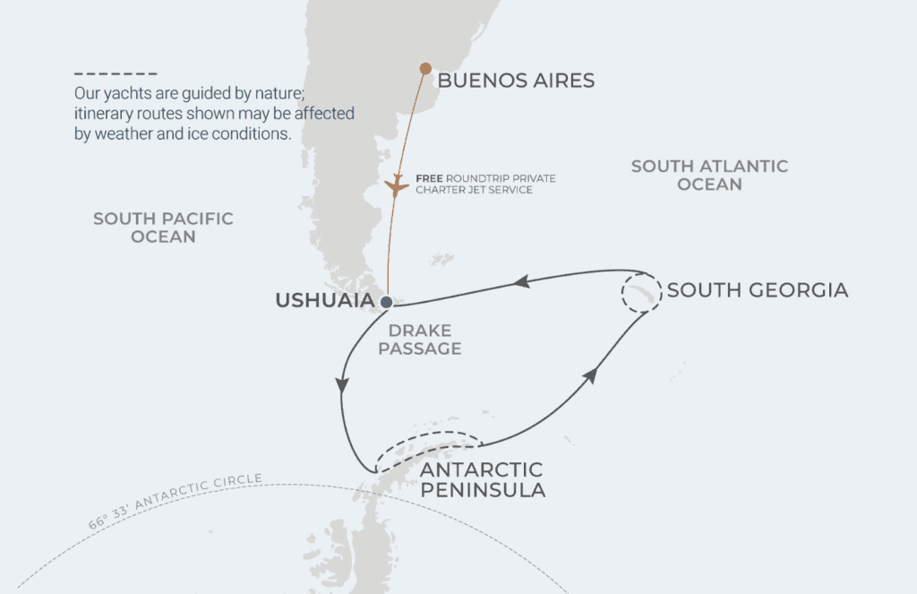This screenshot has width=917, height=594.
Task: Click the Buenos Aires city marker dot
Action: coord(425,68)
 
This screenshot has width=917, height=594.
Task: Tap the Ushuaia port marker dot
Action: coord(386,301)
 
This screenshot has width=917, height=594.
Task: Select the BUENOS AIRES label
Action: coord(516,82)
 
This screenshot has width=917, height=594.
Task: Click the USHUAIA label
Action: coord(324,300)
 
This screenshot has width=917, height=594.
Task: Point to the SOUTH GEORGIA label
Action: coord(758,290)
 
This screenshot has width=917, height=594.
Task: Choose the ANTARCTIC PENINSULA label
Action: coord(482,480)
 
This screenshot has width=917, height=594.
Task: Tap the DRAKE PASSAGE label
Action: coord(420,340)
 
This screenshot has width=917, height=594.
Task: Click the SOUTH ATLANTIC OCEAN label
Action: coord(709,175)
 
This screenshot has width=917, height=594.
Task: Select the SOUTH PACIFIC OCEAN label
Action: coord(163,228)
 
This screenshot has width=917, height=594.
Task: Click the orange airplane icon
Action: coord(396,186)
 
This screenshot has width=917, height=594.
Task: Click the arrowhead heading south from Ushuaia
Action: coord(341,384)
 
